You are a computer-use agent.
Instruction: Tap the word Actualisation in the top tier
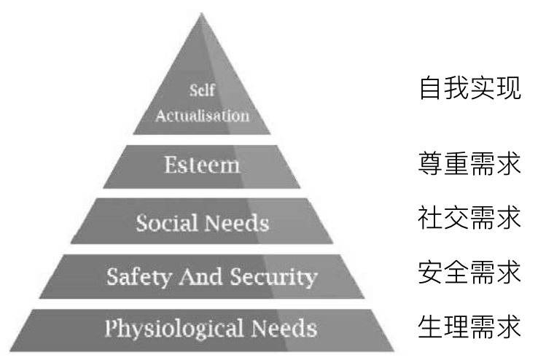pos(202,115)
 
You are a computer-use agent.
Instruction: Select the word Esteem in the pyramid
pos(202,164)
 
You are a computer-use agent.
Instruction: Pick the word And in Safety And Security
pos(197,276)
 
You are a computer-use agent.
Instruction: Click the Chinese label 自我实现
pos(470,89)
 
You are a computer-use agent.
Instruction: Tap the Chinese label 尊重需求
pos(470,164)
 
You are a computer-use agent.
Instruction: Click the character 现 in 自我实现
pos(510,89)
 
